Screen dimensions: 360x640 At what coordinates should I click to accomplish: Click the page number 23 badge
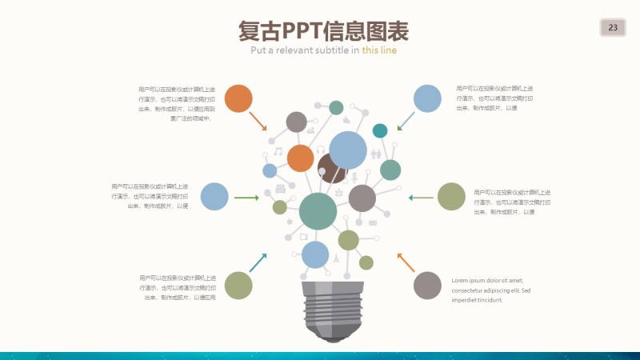click(x=613, y=28)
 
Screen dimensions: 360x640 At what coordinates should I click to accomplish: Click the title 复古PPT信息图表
click(x=323, y=31)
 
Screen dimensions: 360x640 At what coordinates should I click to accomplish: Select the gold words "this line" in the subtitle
click(x=379, y=50)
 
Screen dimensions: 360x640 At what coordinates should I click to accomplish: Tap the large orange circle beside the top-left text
click(x=238, y=98)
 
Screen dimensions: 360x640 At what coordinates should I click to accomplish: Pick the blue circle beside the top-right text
click(x=427, y=99)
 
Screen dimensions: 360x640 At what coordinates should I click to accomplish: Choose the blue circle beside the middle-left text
click(x=214, y=196)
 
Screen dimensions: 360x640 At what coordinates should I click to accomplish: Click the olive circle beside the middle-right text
click(x=451, y=197)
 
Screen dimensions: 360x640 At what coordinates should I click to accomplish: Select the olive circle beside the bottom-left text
click(x=238, y=286)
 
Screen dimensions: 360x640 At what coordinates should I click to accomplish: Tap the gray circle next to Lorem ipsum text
click(x=427, y=286)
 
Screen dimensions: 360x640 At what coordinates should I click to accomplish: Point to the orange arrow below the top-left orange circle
click(x=258, y=122)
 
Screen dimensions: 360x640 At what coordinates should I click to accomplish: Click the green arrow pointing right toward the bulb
click(x=246, y=197)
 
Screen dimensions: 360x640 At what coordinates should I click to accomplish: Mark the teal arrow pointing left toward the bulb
click(x=421, y=197)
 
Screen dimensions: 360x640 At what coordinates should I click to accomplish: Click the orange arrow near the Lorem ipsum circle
click(x=406, y=262)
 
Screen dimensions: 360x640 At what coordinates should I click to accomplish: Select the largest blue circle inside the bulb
click(x=348, y=150)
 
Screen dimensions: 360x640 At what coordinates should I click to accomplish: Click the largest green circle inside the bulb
click(x=318, y=211)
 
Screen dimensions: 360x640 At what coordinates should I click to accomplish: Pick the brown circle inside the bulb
click(x=330, y=169)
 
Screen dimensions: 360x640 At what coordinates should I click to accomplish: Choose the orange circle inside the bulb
click(x=300, y=158)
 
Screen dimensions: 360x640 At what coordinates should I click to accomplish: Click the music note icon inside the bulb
click(x=278, y=151)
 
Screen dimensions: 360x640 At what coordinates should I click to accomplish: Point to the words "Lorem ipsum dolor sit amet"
click(x=487, y=280)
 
